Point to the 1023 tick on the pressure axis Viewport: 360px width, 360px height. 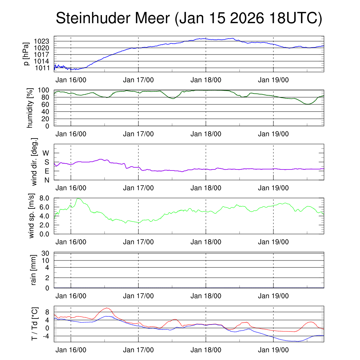[44, 41]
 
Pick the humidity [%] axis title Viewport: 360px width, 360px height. [30, 108]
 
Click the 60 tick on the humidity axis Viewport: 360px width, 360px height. [46, 104]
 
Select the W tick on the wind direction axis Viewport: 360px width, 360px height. [46, 153]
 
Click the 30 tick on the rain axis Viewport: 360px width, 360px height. [46, 253]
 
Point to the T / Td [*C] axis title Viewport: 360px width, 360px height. [34, 324]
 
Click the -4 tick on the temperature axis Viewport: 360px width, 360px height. [46, 336]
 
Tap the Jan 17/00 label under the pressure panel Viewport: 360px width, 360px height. [138, 79]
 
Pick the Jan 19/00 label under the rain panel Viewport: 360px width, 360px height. [273, 296]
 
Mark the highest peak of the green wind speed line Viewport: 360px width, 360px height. [78, 199]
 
